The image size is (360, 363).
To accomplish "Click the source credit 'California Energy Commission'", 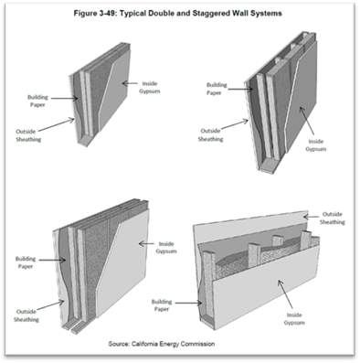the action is point(173,344).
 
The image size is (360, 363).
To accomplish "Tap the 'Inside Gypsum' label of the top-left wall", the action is point(150,87).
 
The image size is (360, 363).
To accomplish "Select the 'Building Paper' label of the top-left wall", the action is point(37,101).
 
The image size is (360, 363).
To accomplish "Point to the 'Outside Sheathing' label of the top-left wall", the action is point(28,135).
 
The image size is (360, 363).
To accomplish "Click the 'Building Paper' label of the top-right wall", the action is point(217,89).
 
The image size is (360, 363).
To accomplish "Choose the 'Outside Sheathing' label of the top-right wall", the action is point(210,134).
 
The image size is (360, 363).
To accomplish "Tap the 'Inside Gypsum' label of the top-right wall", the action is point(316,145).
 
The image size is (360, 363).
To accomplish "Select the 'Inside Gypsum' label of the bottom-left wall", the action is point(166,248).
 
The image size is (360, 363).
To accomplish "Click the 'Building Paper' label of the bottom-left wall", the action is point(26,262).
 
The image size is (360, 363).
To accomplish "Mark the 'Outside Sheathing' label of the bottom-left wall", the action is point(26,315).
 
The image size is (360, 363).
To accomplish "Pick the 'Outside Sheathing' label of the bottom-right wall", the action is point(333,218).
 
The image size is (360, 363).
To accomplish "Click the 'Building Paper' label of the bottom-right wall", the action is point(162,305).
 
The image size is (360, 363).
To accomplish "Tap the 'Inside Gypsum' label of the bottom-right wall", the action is point(294,318).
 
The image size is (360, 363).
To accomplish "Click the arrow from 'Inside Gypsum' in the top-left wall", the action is point(130,82).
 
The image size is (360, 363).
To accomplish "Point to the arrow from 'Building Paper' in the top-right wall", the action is point(240,89).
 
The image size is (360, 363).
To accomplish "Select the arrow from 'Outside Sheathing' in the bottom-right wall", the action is point(311,217).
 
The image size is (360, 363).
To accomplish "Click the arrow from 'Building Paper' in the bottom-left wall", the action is point(52,260).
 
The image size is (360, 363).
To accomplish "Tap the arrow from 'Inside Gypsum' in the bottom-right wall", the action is point(285,294).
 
